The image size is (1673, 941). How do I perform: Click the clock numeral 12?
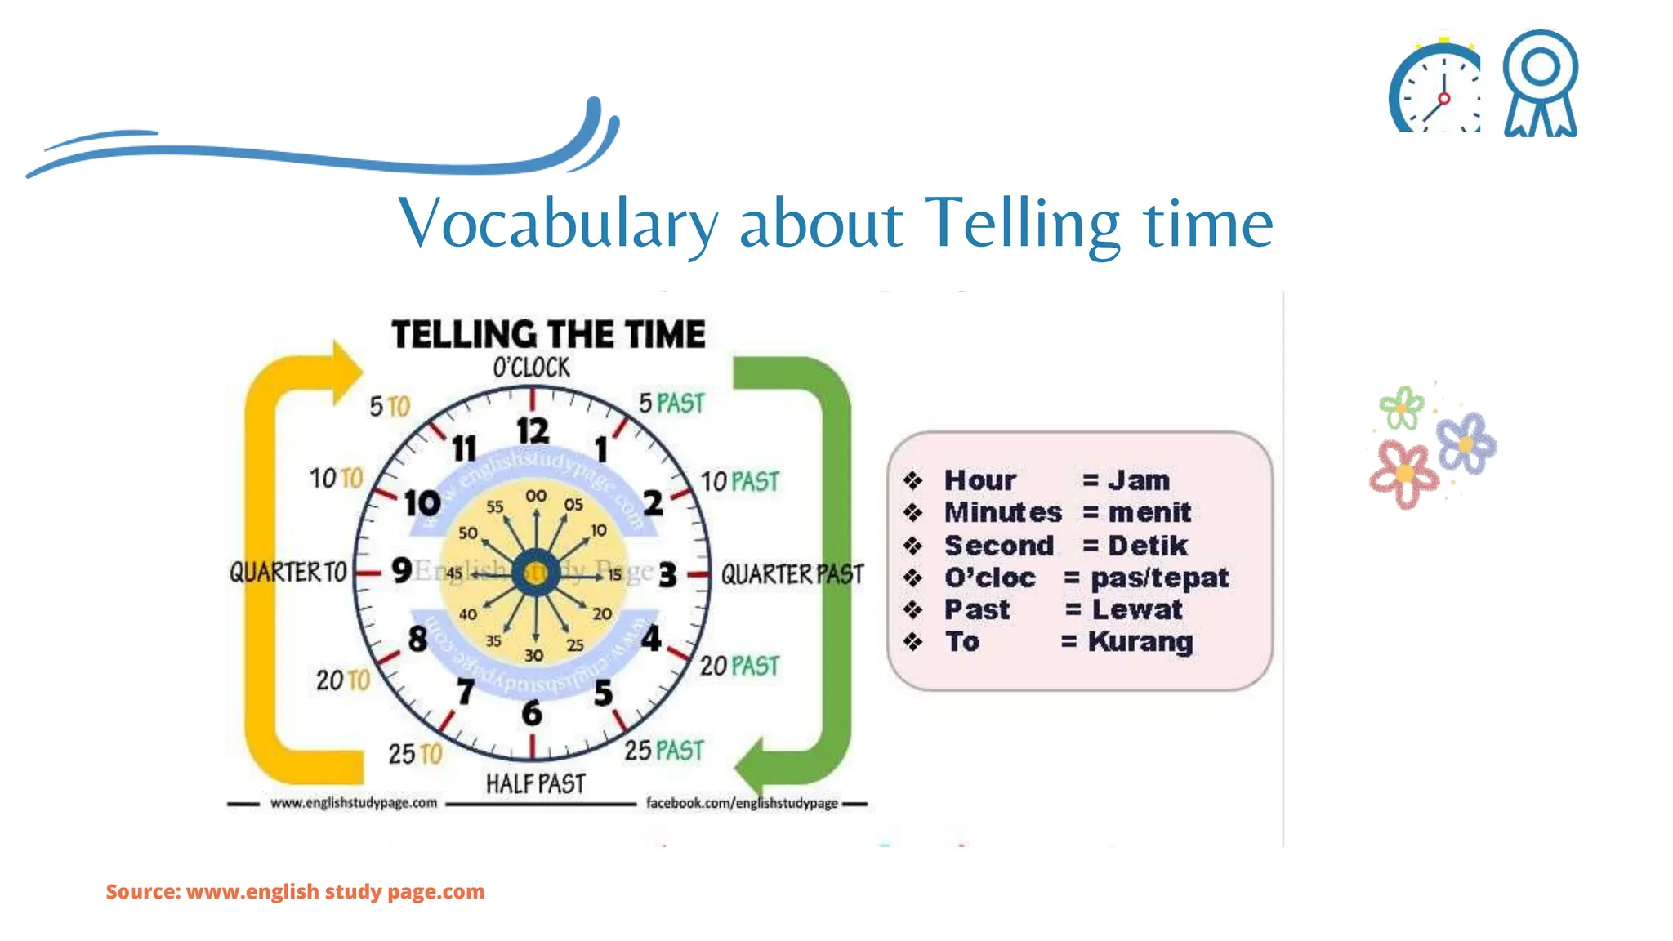[533, 431]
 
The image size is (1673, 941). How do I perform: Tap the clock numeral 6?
[532, 713]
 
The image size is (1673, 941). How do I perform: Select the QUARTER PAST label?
[792, 574]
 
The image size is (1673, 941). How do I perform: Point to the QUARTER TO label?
[288, 572]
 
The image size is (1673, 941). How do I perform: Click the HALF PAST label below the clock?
[536, 784]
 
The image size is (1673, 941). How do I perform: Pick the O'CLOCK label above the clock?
[531, 368]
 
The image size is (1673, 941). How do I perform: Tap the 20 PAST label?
[739, 667]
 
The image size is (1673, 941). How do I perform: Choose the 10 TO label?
[336, 478]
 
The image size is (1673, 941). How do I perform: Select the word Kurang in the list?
[1140, 641]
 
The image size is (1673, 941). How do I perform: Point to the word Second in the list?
[999, 545]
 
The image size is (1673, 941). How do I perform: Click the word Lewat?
[1137, 609]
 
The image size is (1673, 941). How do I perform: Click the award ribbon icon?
[1541, 83]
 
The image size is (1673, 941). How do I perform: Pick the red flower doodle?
[1403, 474]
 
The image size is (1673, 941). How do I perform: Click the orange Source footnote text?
[295, 891]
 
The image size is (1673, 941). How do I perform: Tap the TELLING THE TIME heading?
[548, 335]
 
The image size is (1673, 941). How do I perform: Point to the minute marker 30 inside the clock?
[533, 655]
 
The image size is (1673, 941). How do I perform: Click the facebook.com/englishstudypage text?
[742, 803]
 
